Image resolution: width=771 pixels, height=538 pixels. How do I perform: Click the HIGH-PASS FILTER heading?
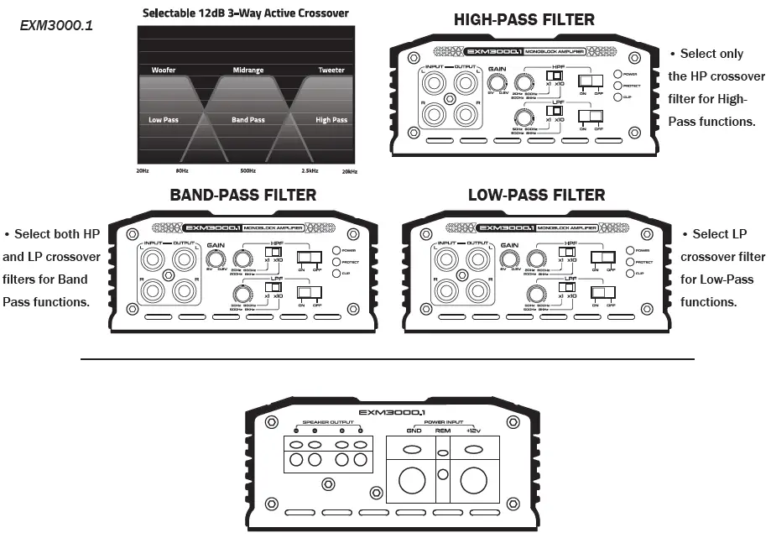click(x=524, y=19)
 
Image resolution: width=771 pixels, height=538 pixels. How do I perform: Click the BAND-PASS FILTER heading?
click(x=242, y=195)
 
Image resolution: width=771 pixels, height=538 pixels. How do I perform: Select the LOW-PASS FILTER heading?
click(x=536, y=195)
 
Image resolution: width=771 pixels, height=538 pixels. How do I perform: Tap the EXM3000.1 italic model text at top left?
click(x=56, y=26)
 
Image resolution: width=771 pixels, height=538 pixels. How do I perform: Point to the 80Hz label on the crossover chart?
click(x=182, y=170)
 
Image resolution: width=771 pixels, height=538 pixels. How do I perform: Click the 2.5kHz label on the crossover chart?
click(x=310, y=170)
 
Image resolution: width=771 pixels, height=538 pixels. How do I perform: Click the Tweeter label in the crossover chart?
click(x=331, y=71)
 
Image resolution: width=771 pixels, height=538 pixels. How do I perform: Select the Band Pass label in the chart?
click(x=247, y=120)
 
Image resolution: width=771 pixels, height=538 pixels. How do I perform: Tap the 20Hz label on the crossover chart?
click(x=143, y=170)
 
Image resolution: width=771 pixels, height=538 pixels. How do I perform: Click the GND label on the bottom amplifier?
click(x=414, y=431)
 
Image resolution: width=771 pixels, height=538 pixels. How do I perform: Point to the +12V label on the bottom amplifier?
click(x=475, y=431)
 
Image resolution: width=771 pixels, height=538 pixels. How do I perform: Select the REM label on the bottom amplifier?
click(x=443, y=431)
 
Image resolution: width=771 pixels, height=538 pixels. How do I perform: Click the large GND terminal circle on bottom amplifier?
click(x=412, y=480)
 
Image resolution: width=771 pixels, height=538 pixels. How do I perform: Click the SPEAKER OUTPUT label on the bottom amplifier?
click(x=329, y=422)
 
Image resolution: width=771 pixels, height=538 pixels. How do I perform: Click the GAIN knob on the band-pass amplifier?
click(x=216, y=259)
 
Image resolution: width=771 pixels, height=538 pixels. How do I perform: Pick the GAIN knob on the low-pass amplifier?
click(x=508, y=259)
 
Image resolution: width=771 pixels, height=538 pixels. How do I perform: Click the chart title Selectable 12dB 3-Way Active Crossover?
click(x=246, y=13)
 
